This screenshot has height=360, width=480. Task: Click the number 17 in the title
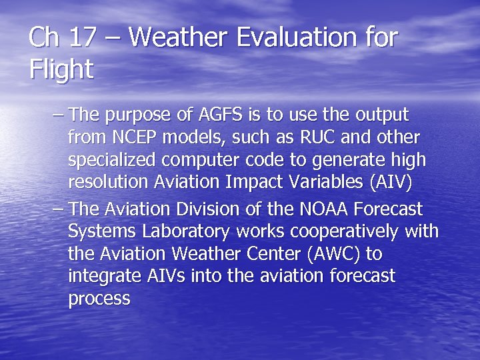[x=82, y=37]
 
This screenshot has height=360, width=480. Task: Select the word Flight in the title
[x=61, y=69]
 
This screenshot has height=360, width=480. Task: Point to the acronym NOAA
[x=317, y=209]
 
